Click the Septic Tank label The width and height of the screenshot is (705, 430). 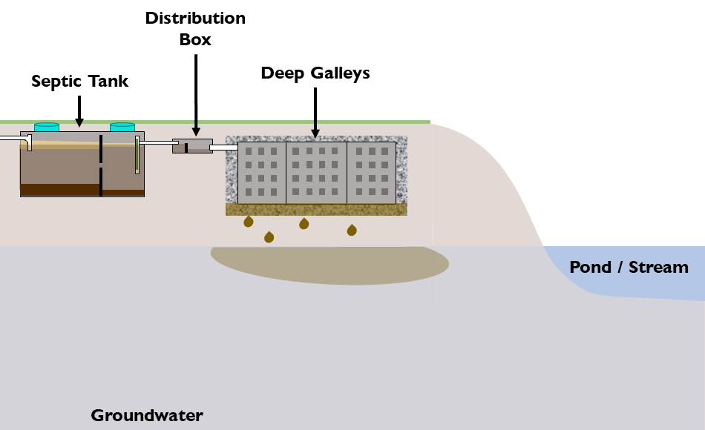click(x=79, y=82)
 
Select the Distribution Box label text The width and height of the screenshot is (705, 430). click(x=195, y=28)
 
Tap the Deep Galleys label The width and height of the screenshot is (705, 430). click(x=315, y=73)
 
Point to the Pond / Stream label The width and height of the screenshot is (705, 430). click(x=629, y=267)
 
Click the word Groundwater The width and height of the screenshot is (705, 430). click(x=147, y=415)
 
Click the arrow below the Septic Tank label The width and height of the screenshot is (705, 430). click(x=79, y=110)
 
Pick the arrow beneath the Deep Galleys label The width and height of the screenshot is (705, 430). click(x=315, y=111)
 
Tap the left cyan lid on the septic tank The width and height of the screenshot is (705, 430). click(x=47, y=128)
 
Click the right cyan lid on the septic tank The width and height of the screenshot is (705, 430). click(x=122, y=128)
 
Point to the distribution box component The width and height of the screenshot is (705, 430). click(x=192, y=146)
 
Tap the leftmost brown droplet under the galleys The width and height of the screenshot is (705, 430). click(x=249, y=221)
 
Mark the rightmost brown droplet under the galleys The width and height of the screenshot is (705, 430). click(x=352, y=230)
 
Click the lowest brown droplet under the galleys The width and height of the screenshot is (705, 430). click(x=269, y=237)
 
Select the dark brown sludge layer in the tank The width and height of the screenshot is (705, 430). click(x=59, y=190)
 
